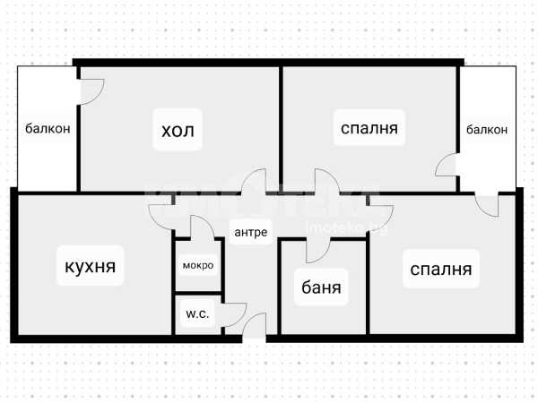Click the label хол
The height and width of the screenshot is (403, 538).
pyautogui.click(x=178, y=131)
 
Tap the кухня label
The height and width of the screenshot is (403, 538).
pyautogui.click(x=91, y=266)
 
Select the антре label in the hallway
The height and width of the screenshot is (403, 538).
pyautogui.click(x=251, y=232)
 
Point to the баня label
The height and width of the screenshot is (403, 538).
pyautogui.click(x=322, y=287)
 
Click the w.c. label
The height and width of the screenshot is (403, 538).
pyautogui.click(x=197, y=314)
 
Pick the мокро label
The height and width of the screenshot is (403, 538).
pyautogui.click(x=198, y=265)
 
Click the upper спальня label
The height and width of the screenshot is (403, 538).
pyautogui.click(x=369, y=128)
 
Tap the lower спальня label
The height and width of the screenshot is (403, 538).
pyautogui.click(x=441, y=270)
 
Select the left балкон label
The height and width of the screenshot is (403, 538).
pyautogui.click(x=48, y=128)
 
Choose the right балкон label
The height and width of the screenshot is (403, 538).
pyautogui.click(x=487, y=130)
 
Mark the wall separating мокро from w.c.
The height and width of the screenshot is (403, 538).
pyautogui.click(x=198, y=294)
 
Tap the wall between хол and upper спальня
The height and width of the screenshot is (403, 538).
pyautogui.click(x=281, y=128)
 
